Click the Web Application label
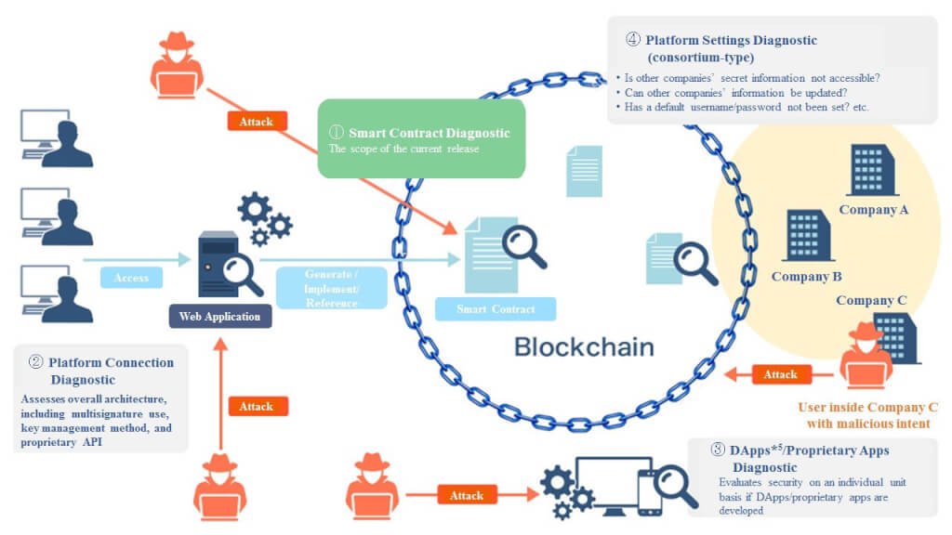(x=219, y=316)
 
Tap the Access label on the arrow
(x=131, y=277)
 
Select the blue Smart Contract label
(x=496, y=308)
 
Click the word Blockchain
(x=584, y=347)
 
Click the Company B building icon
(x=808, y=235)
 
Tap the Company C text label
(x=871, y=300)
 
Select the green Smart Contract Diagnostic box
(x=421, y=139)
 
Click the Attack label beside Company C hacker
(x=780, y=374)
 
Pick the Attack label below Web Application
(x=257, y=407)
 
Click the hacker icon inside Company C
(x=866, y=356)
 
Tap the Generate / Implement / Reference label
(x=332, y=288)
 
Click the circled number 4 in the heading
(x=632, y=39)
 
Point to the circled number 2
(x=36, y=362)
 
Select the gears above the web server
(x=265, y=218)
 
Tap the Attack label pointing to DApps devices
(x=467, y=495)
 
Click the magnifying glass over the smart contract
(x=524, y=245)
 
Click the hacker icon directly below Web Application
(x=219, y=487)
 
